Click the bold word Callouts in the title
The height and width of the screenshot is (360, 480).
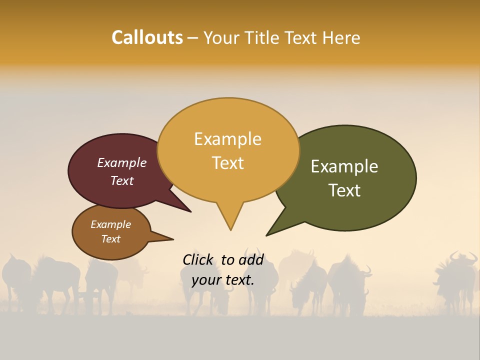pos(147,37)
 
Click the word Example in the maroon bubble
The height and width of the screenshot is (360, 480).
pos(121,162)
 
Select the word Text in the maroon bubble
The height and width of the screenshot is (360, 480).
pos(121,180)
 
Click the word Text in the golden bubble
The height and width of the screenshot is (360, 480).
pos(227,162)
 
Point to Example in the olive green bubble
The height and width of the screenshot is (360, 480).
pos(344,166)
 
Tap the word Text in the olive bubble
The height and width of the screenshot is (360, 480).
pos(344,190)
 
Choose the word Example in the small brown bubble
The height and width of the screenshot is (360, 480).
pos(110,224)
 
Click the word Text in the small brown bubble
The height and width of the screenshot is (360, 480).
pos(110,239)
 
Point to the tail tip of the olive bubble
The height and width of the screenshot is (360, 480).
pos(267,235)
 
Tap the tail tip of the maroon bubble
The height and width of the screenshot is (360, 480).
pos(190,211)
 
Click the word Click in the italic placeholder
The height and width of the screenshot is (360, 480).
pos(198,259)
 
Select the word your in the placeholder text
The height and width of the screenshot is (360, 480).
pos(205,280)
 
